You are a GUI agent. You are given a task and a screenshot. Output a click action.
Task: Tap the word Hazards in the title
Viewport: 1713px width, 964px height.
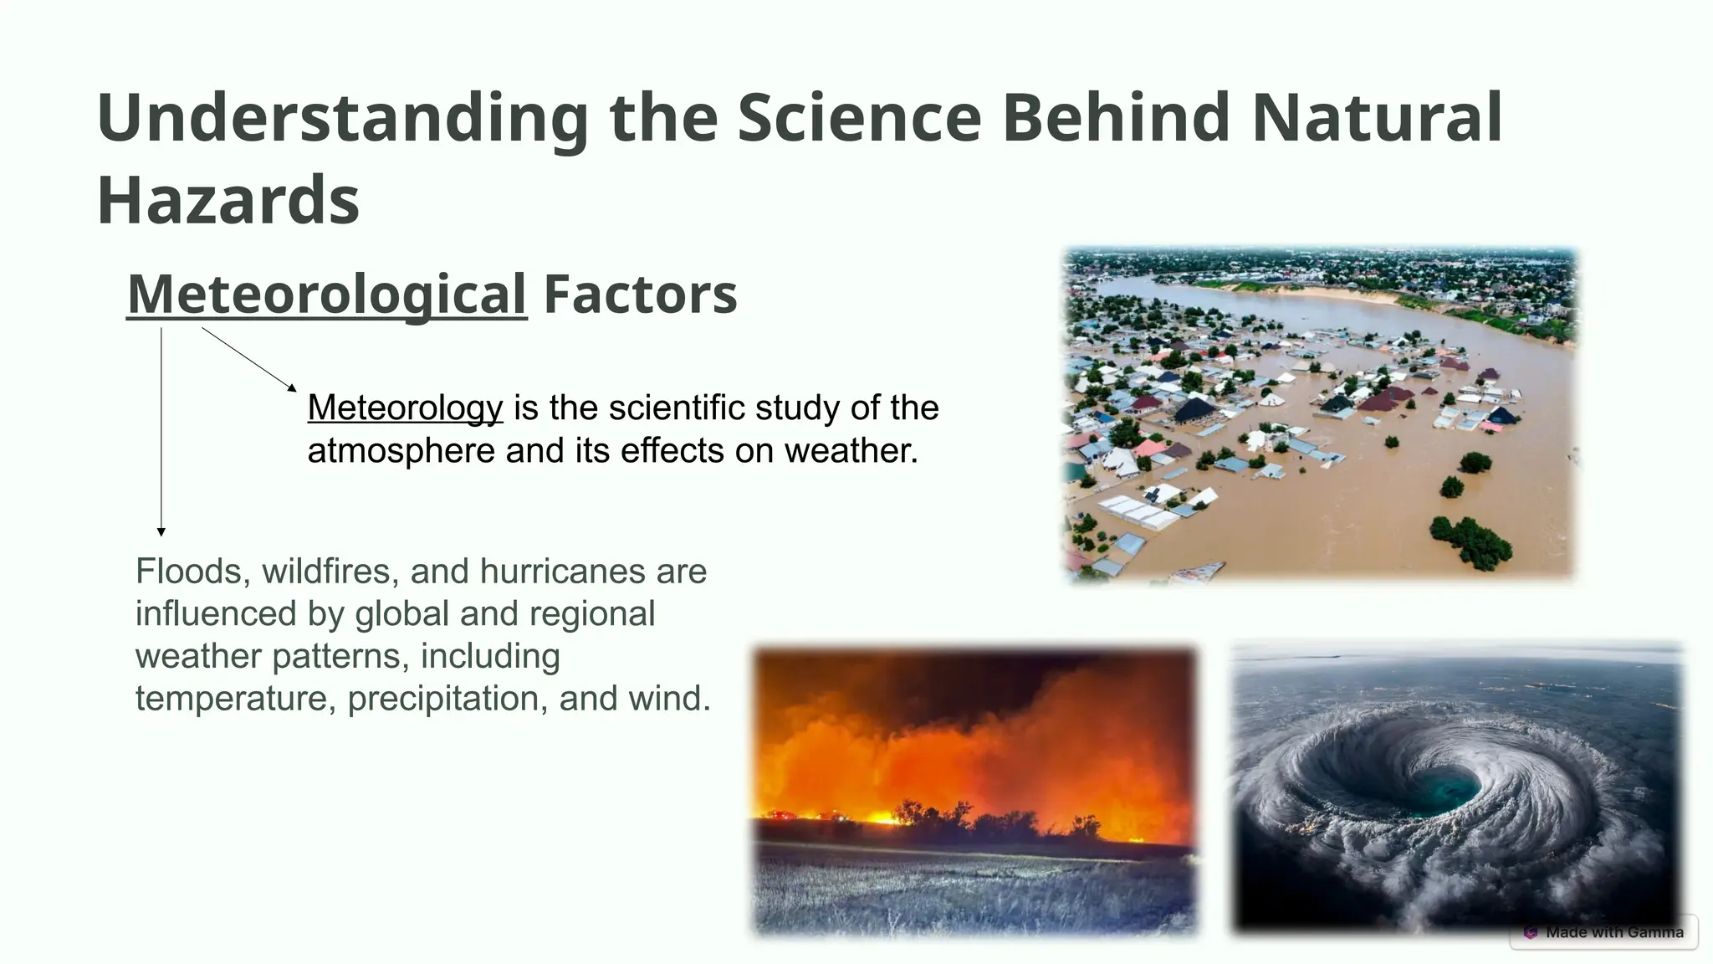[x=228, y=201]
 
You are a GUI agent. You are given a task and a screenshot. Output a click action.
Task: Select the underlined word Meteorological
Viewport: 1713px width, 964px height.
[x=327, y=295]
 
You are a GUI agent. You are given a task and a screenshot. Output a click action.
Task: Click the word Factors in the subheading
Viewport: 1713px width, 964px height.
[x=640, y=295]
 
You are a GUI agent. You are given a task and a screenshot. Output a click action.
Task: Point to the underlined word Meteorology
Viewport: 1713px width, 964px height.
[x=405, y=408]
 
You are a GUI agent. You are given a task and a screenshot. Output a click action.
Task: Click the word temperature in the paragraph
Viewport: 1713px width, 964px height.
[x=235, y=699]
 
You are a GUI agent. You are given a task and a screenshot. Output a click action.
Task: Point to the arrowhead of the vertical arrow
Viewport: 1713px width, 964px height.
[x=161, y=531]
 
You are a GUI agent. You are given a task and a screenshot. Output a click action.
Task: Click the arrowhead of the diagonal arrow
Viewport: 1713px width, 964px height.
[x=292, y=387]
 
